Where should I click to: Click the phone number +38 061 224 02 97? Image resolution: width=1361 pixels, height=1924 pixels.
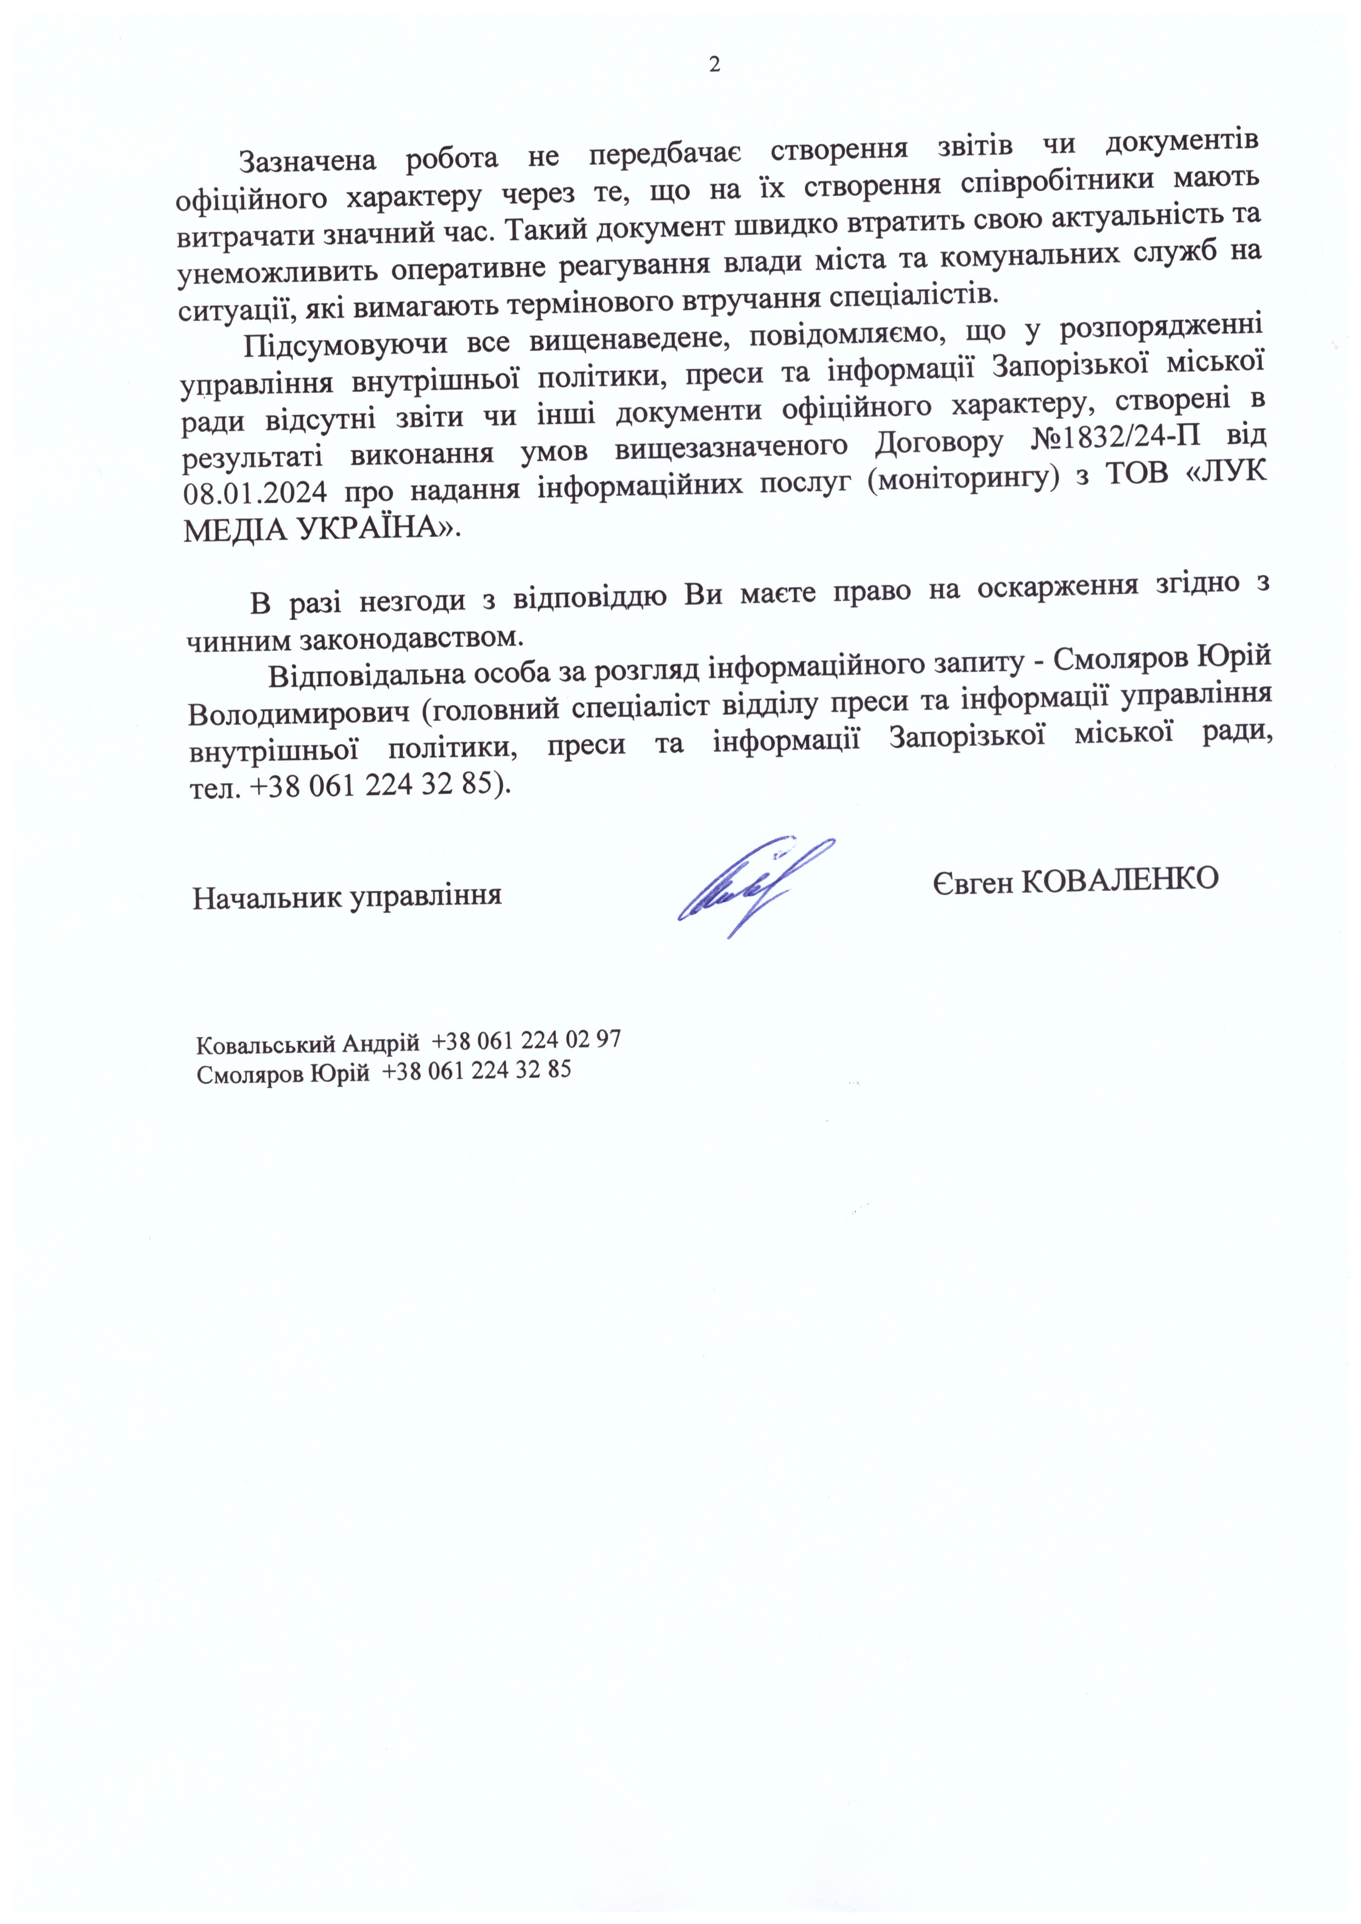tap(526, 1040)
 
